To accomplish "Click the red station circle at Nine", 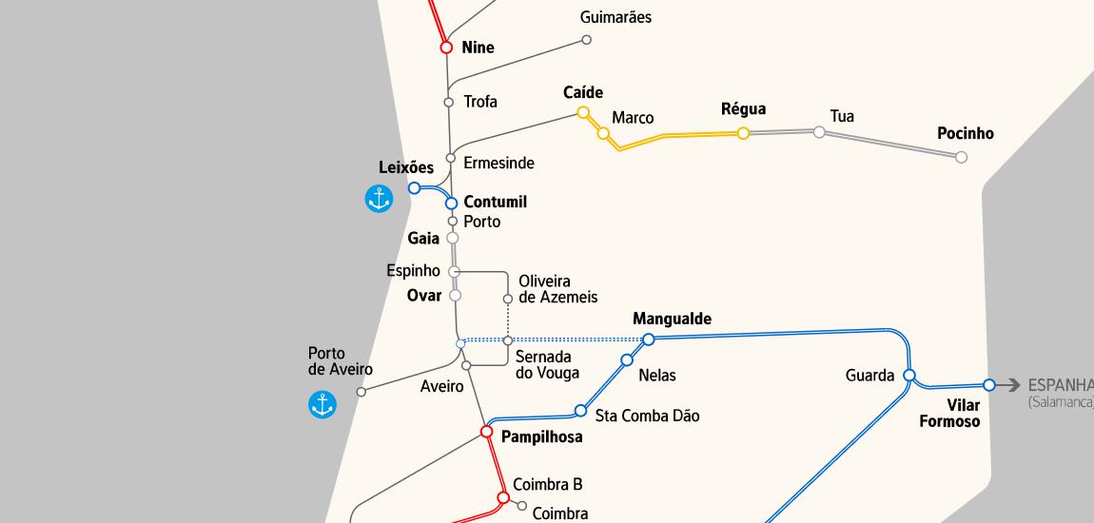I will point(446,47).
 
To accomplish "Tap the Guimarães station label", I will point(615,17).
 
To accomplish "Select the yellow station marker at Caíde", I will point(583,112).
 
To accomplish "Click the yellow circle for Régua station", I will point(743,133).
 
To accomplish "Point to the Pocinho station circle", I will point(961,157).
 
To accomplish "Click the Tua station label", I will point(842,116).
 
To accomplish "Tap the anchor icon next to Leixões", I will point(379,199).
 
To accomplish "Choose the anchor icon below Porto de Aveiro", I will point(322,404).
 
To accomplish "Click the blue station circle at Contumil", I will point(452,203).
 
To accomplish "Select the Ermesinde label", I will point(498,163).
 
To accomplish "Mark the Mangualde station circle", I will point(649,339).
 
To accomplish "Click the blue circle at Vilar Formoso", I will point(989,385).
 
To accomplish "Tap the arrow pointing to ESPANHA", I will point(1009,385).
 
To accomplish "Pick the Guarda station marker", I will point(908,376).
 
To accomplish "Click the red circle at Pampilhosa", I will point(486,432).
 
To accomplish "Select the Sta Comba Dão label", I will point(647,416).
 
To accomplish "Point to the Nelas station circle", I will point(627,359).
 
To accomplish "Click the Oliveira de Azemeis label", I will point(557,289).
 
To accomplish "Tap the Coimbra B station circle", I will point(503,497).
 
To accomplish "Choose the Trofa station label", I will point(480,102).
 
